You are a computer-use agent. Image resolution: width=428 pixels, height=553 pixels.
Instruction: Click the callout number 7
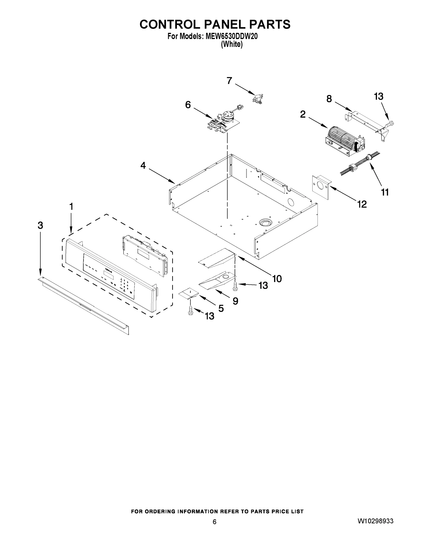point(229,81)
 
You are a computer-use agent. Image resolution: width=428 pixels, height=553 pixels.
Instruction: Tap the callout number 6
point(188,105)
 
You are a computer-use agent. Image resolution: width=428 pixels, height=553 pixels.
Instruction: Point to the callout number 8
point(329,99)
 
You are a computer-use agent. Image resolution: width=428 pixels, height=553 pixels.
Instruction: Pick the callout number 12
point(362,204)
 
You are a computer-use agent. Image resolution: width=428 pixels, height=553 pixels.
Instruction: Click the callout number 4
point(143,166)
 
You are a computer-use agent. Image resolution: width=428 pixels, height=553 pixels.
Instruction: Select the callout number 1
point(71,207)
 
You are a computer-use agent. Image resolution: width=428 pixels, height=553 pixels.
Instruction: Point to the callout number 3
point(40,225)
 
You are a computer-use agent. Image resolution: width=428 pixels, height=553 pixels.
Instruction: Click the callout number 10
point(277,279)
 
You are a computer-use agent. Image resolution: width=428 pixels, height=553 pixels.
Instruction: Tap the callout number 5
point(221,308)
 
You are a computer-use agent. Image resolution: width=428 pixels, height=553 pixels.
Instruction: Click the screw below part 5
point(190,312)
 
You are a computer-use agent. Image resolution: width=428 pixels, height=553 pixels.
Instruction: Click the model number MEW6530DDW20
point(231,36)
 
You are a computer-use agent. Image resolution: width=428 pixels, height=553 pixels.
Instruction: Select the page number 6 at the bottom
point(215,522)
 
